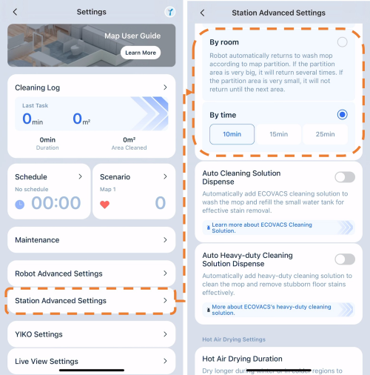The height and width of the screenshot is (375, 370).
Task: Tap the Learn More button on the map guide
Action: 141,53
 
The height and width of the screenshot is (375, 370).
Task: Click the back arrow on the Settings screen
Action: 15,12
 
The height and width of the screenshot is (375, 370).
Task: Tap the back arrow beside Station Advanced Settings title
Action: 202,13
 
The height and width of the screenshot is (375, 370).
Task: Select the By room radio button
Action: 342,42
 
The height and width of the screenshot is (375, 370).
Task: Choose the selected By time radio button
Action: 342,115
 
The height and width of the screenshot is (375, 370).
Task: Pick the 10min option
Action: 232,134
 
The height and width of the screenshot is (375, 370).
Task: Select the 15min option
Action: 279,134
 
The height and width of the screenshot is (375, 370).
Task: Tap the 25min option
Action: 325,134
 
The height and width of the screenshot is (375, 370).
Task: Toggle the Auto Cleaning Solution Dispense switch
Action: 345,177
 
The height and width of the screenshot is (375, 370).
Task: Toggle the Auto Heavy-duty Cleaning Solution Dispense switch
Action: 345,259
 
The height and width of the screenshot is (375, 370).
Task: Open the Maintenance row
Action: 92,240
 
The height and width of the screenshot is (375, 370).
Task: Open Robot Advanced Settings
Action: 92,273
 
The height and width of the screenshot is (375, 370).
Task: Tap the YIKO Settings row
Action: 92,334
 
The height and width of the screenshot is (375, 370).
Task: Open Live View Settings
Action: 92,361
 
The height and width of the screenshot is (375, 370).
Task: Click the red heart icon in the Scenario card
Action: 104,205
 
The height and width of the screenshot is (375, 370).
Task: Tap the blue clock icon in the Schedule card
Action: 20,205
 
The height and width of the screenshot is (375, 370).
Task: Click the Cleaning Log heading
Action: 38,87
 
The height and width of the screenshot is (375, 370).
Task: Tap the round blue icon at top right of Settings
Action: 170,12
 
